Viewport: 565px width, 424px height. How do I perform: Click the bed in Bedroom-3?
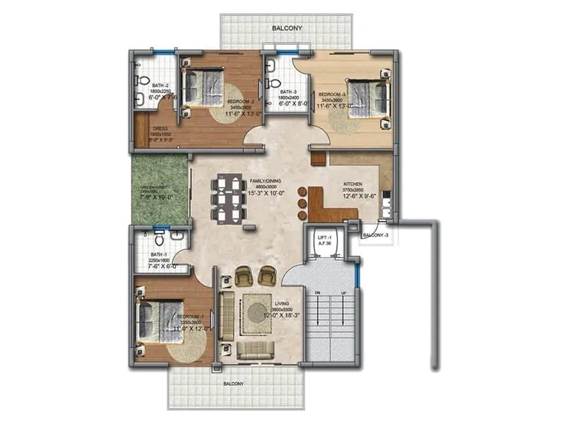(x=368, y=98)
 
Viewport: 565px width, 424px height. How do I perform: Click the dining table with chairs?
(x=227, y=199)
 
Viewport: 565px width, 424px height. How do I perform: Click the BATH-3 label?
(x=287, y=92)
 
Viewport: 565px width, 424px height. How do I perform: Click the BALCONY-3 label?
(x=375, y=235)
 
